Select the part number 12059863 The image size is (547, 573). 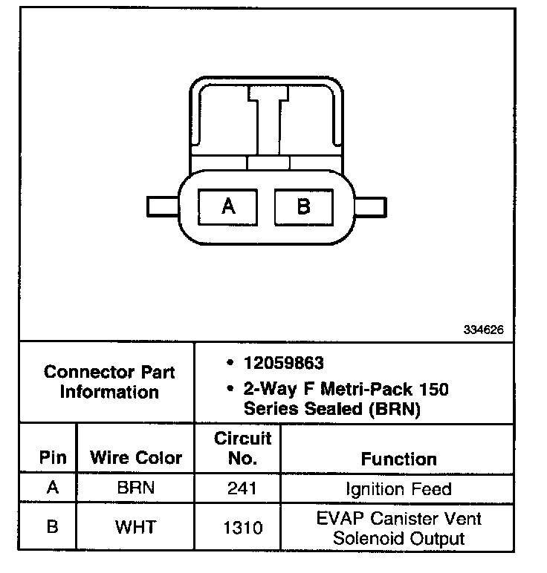283,363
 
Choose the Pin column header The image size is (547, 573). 52,457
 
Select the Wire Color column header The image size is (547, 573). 135,457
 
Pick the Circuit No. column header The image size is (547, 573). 242,448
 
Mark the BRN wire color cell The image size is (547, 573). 135,490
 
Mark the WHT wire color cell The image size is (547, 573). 135,528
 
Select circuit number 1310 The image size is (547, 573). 242,528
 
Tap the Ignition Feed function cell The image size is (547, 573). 398,490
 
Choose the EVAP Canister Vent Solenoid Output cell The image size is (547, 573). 398,528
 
